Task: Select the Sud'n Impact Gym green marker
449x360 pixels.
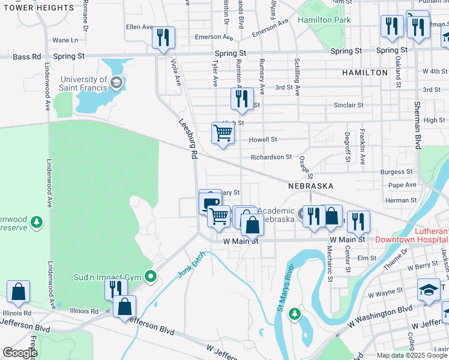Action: [151, 277]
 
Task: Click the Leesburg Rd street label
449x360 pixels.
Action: [188, 137]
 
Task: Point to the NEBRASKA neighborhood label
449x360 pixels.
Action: [310, 186]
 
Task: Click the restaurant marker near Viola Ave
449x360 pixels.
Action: [163, 38]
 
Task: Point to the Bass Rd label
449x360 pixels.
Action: [27, 56]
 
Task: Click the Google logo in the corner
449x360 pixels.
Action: [19, 353]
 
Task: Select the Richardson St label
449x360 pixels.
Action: [271, 157]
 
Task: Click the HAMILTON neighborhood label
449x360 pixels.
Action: [365, 73]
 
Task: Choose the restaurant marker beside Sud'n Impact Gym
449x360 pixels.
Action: [115, 288]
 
